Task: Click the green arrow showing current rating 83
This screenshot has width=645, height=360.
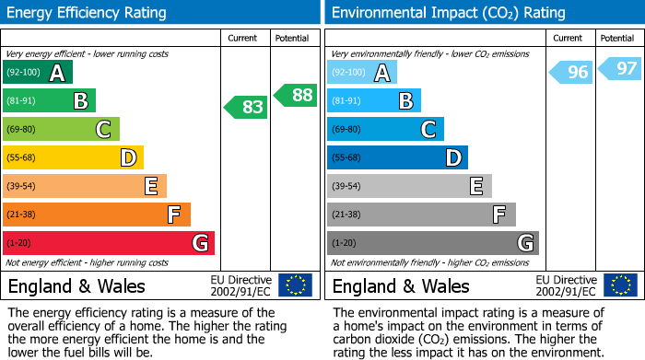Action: tap(246, 107)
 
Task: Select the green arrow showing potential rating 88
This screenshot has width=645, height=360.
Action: tap(296, 95)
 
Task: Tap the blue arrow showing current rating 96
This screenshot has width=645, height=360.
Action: tap(571, 73)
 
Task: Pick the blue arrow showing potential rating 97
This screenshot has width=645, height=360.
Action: tap(620, 68)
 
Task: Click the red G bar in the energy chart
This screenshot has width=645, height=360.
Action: tap(109, 243)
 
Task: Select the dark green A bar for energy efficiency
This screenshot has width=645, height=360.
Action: tap(38, 73)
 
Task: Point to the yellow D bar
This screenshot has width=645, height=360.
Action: tap(73, 157)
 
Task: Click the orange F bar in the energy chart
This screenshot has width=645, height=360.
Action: tap(97, 215)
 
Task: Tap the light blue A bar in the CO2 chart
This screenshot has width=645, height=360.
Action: tap(362, 73)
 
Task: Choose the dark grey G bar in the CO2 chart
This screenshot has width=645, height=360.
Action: tap(432, 243)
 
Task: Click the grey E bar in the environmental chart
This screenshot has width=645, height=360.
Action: tap(409, 186)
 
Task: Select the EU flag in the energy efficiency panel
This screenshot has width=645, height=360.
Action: tap(295, 285)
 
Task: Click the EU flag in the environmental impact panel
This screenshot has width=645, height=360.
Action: tap(620, 285)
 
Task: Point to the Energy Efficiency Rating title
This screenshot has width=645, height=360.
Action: tap(88, 13)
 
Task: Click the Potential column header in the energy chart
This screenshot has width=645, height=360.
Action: tap(292, 38)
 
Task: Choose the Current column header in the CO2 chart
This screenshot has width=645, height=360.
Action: tap(569, 38)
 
